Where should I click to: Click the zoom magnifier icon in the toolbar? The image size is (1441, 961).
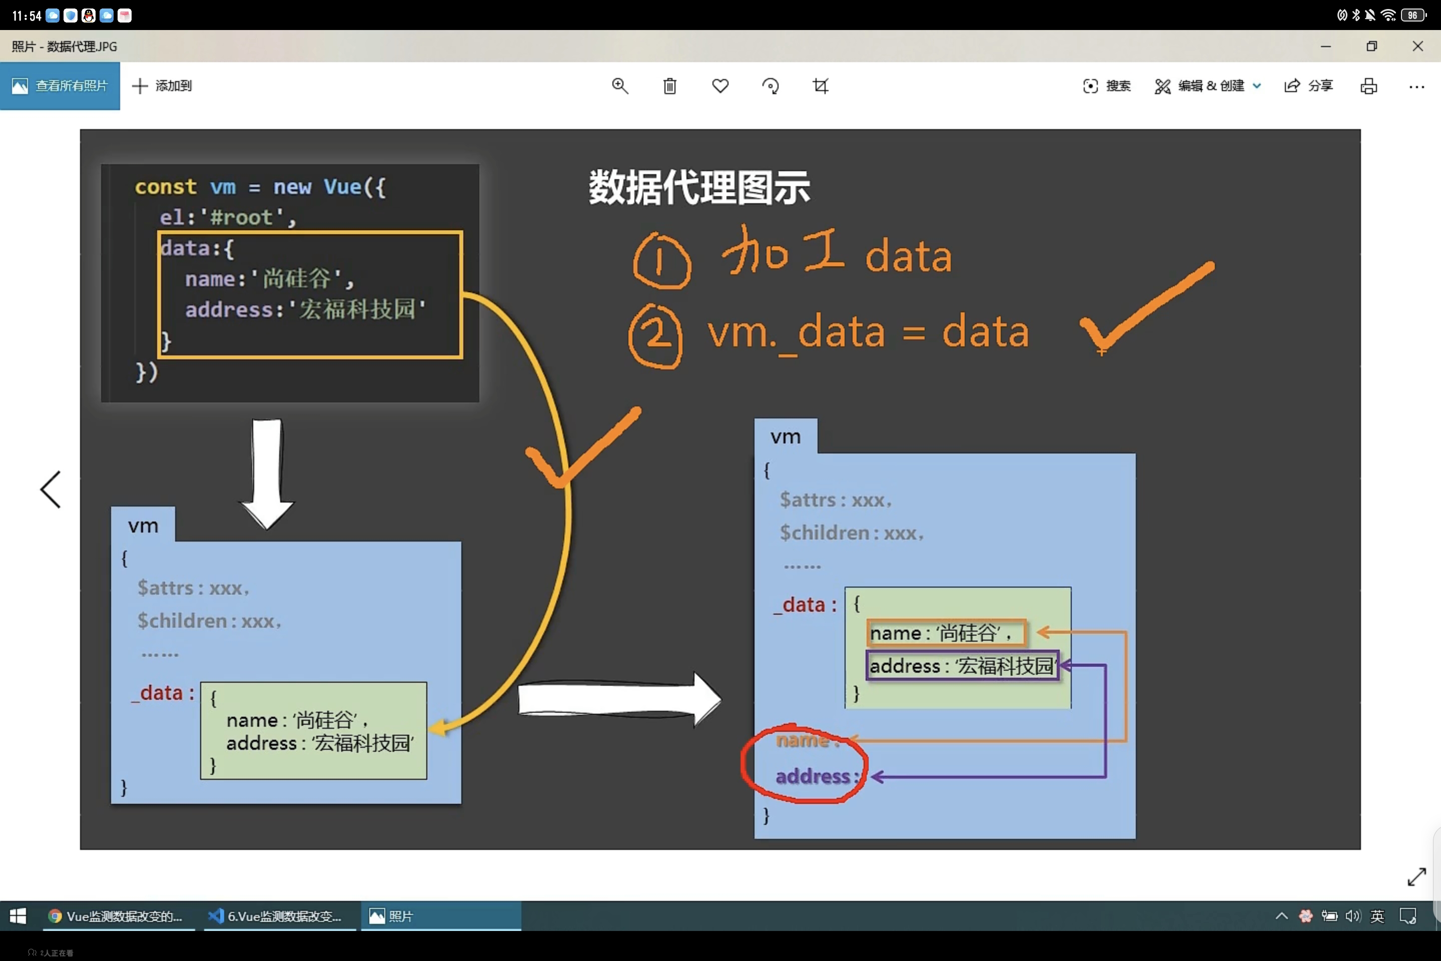point(620,86)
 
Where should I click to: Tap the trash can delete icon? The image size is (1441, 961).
point(669,86)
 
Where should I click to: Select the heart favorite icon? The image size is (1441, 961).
point(720,86)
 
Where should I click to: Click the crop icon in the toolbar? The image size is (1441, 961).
point(821,86)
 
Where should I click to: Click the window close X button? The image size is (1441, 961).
point(1417,47)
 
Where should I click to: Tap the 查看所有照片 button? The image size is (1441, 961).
point(60,86)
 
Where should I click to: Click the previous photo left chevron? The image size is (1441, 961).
point(51,489)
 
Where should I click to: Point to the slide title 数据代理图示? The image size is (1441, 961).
point(699,187)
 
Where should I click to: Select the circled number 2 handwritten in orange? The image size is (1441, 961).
point(655,336)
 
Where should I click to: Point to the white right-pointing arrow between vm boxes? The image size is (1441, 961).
point(619,699)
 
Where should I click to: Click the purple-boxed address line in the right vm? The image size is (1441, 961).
point(961,666)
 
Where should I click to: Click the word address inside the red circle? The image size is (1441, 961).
point(813,776)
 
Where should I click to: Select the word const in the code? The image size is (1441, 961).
point(166,186)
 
